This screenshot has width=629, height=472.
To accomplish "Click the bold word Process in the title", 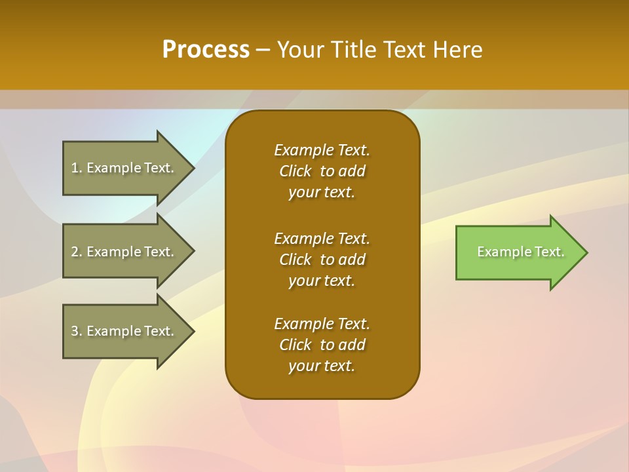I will [206, 50].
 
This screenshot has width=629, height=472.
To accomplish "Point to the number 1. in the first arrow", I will [77, 168].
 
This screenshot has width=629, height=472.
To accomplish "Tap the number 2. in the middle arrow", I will [77, 252].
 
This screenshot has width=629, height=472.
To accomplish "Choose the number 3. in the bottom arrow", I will [77, 331].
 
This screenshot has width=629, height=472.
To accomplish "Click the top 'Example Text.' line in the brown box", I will [322, 150].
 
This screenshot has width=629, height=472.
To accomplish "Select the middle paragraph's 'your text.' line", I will [322, 281].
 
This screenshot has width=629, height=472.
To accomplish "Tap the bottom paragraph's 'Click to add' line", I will [322, 345].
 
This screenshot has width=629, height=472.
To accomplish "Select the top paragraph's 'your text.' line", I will [322, 193].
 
